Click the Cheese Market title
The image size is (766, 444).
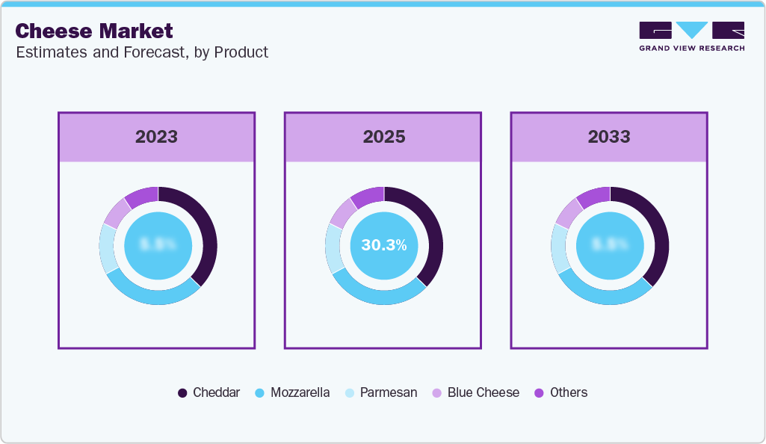click(x=93, y=31)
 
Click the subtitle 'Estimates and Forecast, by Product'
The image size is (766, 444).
click(x=141, y=52)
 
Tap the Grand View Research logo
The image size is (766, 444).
click(x=691, y=36)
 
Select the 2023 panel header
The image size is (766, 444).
click(x=156, y=137)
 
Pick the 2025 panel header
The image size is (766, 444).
click(x=383, y=137)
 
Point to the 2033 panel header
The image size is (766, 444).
click(x=609, y=137)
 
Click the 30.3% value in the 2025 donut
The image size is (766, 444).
click(x=383, y=245)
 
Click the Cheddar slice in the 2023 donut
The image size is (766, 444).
click(x=208, y=232)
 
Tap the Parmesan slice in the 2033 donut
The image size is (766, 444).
click(x=560, y=248)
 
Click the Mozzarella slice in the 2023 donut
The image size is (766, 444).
click(x=152, y=295)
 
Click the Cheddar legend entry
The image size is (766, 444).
click(x=209, y=392)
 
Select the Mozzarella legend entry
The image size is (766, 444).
click(x=292, y=392)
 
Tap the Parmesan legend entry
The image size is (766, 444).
click(x=381, y=392)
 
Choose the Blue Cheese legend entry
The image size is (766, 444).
click(x=475, y=392)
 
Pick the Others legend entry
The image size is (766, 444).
click(x=561, y=392)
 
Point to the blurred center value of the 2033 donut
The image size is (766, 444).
click(x=610, y=245)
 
